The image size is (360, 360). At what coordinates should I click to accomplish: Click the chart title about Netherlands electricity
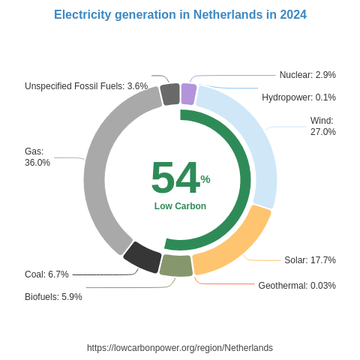[x=180, y=15]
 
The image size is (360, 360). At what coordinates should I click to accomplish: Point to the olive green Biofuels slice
[x=175, y=265]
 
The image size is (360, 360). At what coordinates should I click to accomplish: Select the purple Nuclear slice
[x=188, y=94]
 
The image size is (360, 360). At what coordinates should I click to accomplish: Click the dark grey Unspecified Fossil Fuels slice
[x=170, y=94]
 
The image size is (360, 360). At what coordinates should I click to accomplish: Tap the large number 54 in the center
[x=175, y=178]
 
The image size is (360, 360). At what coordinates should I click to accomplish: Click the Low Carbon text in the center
[x=180, y=206]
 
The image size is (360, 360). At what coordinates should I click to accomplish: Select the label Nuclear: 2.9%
[x=307, y=75]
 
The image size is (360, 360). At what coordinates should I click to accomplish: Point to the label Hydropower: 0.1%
[x=298, y=97]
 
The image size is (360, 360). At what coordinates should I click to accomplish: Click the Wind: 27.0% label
[x=322, y=126]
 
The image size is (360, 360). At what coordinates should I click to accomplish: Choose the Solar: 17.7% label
[x=310, y=260]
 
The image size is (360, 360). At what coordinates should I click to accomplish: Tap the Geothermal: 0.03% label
[x=297, y=286]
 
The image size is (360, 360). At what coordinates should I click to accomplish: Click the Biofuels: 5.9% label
[x=53, y=297]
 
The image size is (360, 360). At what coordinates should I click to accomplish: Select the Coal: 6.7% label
[x=46, y=274]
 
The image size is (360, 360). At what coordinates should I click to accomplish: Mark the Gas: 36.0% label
[x=37, y=157]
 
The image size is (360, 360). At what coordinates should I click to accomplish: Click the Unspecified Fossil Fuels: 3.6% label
[x=86, y=86]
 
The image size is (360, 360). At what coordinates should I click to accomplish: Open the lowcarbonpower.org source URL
[x=180, y=348]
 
